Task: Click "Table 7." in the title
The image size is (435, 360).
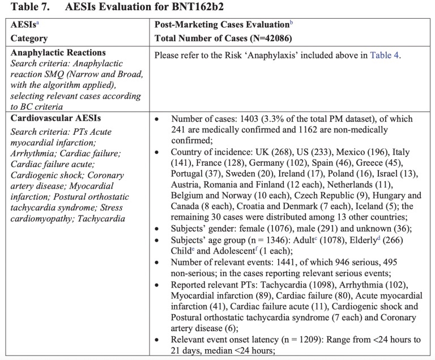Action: tap(22, 8)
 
